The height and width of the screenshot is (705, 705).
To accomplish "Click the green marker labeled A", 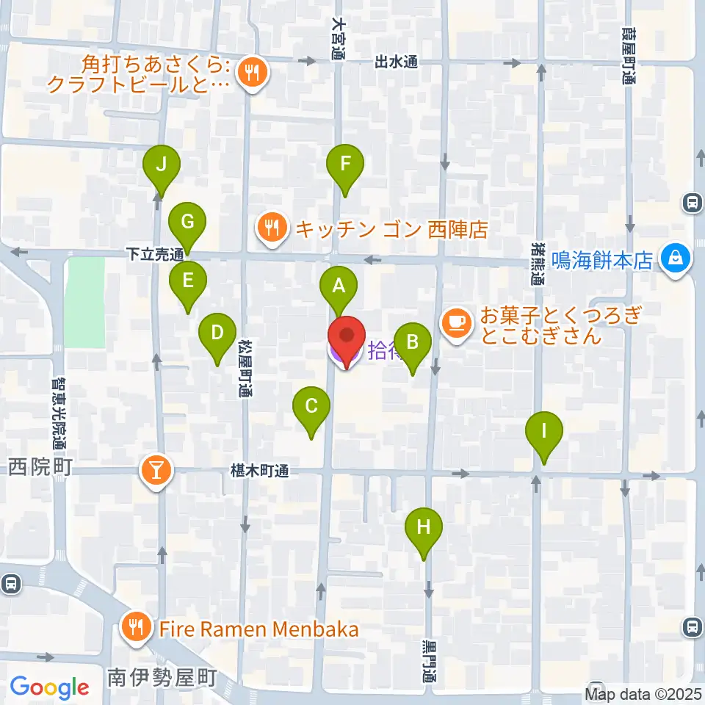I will pyautogui.click(x=339, y=287).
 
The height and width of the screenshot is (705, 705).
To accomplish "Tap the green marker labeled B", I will pyautogui.click(x=413, y=342).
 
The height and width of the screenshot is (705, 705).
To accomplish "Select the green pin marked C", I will pyautogui.click(x=311, y=406).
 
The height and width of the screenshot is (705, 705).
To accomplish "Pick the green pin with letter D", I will pyautogui.click(x=217, y=333).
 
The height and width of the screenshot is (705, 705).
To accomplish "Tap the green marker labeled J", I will pyautogui.click(x=162, y=164).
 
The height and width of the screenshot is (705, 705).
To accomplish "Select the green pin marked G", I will pyautogui.click(x=187, y=221).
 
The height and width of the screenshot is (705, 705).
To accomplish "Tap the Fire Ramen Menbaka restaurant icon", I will pyautogui.click(x=136, y=628).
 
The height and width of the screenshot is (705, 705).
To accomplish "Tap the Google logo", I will pyautogui.click(x=50, y=687).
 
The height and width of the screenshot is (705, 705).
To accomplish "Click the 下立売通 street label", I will pyautogui.click(x=154, y=255).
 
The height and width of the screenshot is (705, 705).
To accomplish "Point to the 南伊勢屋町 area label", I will pyautogui.click(x=162, y=677).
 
